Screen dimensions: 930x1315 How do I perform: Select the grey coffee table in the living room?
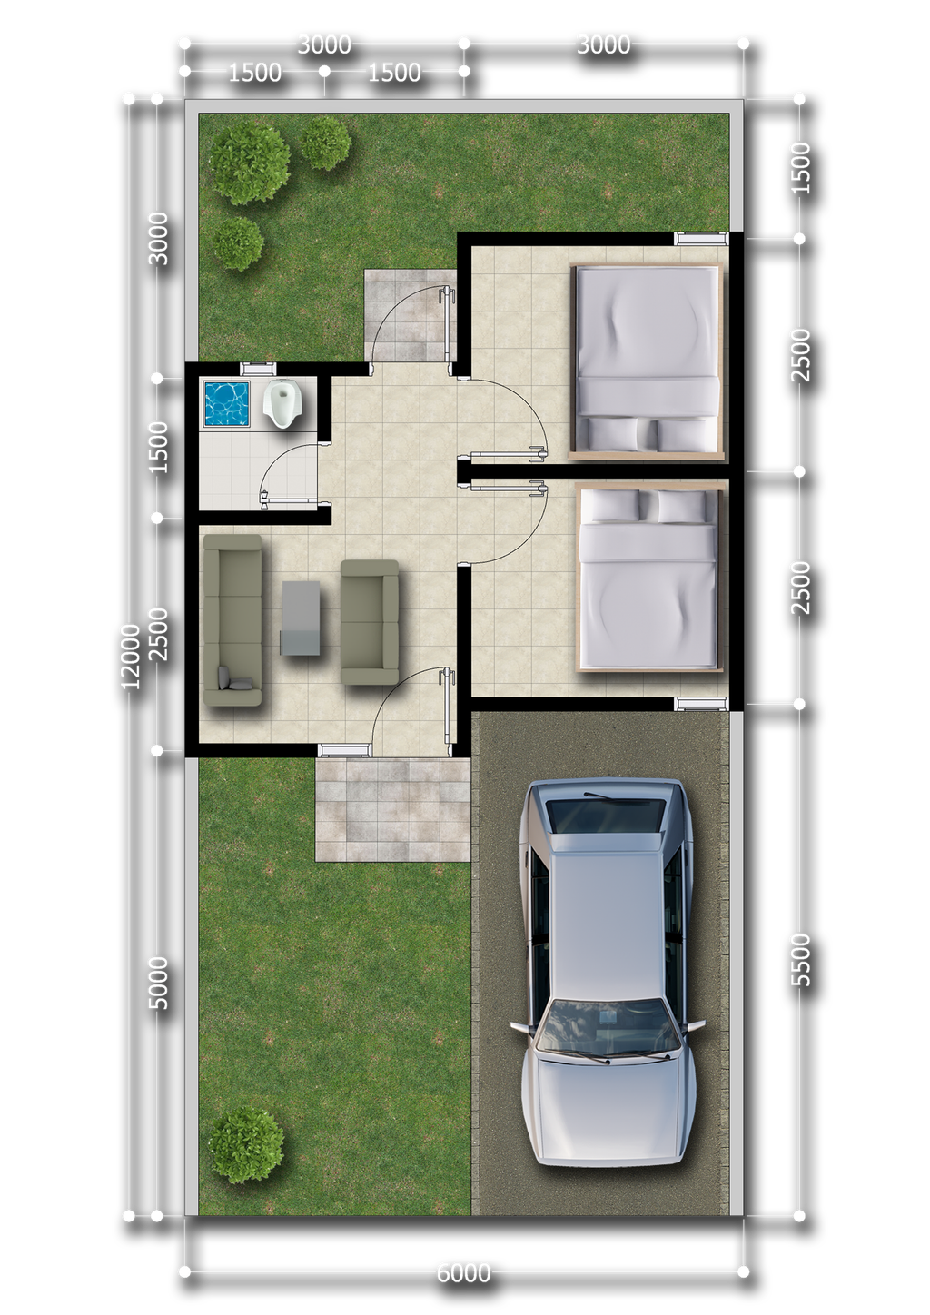pyautogui.click(x=302, y=618)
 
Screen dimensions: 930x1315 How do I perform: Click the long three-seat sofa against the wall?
pyautogui.click(x=232, y=620)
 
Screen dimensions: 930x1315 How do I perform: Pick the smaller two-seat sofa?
pyautogui.click(x=370, y=622)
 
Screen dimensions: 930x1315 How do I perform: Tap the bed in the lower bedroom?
pyautogui.click(x=648, y=577)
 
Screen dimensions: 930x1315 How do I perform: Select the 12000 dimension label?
pyautogui.click(x=131, y=657)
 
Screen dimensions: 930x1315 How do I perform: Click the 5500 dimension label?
pyautogui.click(x=800, y=961)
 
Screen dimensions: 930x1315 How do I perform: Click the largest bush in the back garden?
pyautogui.click(x=250, y=165)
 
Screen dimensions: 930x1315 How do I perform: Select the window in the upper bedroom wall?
pyautogui.click(x=701, y=238)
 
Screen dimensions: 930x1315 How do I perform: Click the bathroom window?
pyautogui.click(x=258, y=369)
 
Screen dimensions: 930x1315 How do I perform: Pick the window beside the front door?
pyautogui.click(x=344, y=749)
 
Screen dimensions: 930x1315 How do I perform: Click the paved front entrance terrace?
pyautogui.click(x=392, y=809)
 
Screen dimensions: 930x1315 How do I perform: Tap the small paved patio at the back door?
pyautogui.click(x=411, y=315)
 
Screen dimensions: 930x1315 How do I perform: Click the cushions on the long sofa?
pyautogui.click(x=235, y=678)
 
